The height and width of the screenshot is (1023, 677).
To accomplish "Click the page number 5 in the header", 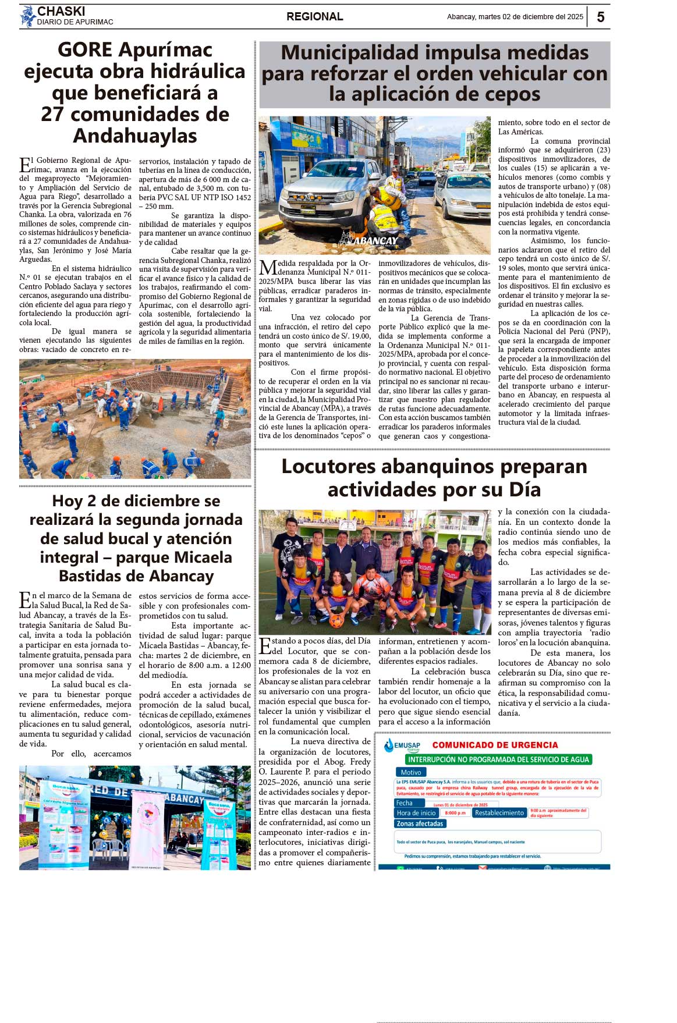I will (x=600, y=17).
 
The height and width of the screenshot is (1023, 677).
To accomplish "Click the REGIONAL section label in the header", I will (x=314, y=17).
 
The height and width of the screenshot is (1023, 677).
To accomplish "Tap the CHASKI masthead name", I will (x=61, y=11).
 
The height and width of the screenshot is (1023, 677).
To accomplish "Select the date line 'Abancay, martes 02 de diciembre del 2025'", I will (x=515, y=17).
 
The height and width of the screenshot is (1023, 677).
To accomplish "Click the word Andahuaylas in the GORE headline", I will (x=135, y=136).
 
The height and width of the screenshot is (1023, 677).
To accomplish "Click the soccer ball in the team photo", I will (x=336, y=620).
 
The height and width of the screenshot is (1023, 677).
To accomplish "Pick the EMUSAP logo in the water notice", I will (x=402, y=745).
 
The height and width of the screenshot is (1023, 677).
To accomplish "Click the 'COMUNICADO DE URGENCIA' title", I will (x=495, y=745).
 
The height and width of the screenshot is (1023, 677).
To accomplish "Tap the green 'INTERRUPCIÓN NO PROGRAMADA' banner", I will (x=498, y=759).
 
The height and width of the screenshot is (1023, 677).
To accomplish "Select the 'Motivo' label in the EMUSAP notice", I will (x=410, y=772).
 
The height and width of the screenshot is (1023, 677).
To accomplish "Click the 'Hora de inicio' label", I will (x=416, y=813).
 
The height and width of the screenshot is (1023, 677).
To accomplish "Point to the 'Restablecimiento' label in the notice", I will (x=499, y=813).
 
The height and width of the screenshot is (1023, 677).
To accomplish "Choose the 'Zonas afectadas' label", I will (x=420, y=823).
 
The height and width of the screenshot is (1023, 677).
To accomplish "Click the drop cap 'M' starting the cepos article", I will (x=267, y=268).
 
